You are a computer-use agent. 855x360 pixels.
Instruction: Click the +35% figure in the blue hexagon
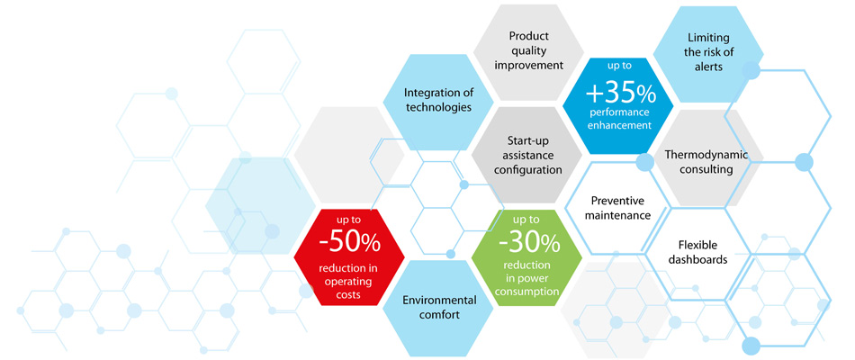621,94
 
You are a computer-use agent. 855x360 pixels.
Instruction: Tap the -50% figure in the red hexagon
349,245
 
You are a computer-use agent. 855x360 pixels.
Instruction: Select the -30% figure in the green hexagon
526,244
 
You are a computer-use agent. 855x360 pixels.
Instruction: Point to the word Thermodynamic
706,155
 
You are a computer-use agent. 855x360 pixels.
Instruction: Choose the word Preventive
617,200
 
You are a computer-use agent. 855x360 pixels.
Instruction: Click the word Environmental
439,300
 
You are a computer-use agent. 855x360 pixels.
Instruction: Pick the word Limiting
708,38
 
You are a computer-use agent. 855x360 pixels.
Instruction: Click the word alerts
709,67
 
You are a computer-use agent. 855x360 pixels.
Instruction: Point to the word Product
528,36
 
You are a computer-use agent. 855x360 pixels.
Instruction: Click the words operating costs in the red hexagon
349,288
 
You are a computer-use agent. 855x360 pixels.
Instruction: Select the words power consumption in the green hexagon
526,285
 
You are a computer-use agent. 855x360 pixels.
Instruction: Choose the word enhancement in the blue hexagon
621,125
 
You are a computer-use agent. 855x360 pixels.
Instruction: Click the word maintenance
617,215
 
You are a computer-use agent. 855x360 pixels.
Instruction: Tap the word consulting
706,169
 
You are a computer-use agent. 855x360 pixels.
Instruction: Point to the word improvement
528,66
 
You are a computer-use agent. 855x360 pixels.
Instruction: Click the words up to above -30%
526,220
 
